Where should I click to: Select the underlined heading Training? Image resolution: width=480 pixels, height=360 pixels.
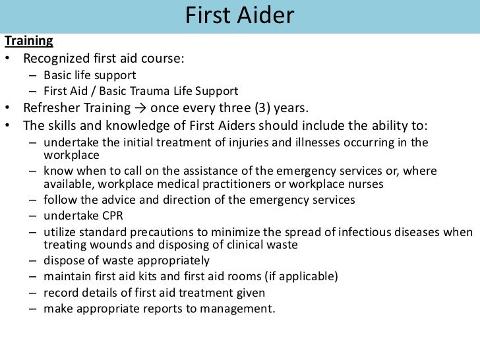(29, 41)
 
